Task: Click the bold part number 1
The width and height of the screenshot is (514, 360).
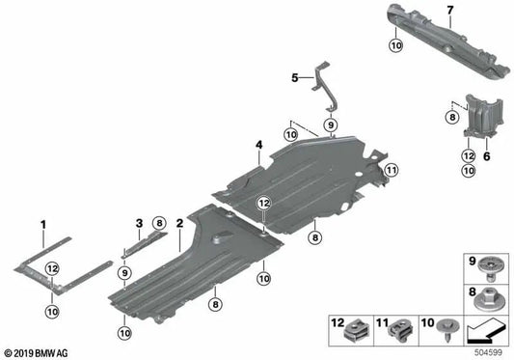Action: [x=43, y=225]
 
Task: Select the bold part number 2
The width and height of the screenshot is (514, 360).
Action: [x=179, y=224]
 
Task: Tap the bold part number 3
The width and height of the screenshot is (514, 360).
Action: [x=139, y=224]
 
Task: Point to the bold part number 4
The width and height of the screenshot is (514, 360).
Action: [x=259, y=145]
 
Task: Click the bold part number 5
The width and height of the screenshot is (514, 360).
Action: [x=295, y=78]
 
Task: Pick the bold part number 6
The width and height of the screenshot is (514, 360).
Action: [x=487, y=156]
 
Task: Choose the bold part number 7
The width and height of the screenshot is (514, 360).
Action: [x=450, y=11]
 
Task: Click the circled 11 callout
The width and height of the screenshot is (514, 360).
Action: [x=392, y=170]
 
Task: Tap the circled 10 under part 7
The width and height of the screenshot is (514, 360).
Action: [x=396, y=45]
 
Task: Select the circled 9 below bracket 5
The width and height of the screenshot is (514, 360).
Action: [x=331, y=125]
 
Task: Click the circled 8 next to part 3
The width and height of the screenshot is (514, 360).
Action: [x=159, y=224]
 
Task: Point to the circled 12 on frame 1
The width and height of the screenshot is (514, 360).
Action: [x=52, y=268]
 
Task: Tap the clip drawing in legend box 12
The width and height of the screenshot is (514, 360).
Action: [x=358, y=331]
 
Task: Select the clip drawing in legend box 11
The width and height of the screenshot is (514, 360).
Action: [x=400, y=331]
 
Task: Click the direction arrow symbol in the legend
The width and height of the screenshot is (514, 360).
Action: [x=486, y=331]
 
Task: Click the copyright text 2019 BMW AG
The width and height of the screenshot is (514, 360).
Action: [x=36, y=353]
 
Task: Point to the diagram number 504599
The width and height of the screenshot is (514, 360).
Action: [x=488, y=352]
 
